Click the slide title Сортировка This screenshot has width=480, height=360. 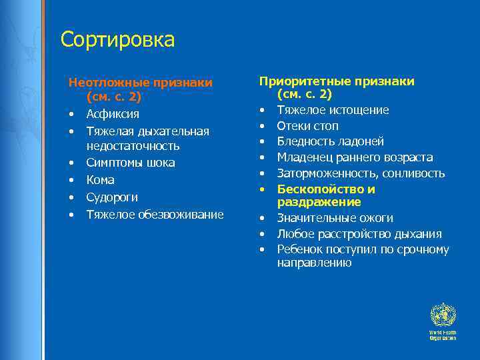[117, 40]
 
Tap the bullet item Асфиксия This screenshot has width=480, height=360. [112, 113]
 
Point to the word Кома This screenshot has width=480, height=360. [100, 180]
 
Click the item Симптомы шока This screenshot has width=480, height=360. [131, 163]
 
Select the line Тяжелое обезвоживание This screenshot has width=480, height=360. [155, 215]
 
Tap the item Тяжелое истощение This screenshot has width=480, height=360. [333, 110]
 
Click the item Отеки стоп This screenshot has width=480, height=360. [307, 126]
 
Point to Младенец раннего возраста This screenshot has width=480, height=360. [355, 157]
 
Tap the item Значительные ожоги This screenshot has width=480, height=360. [335, 218]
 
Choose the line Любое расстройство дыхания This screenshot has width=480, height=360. [359, 234]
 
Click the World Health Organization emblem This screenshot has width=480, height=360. [442, 315]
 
